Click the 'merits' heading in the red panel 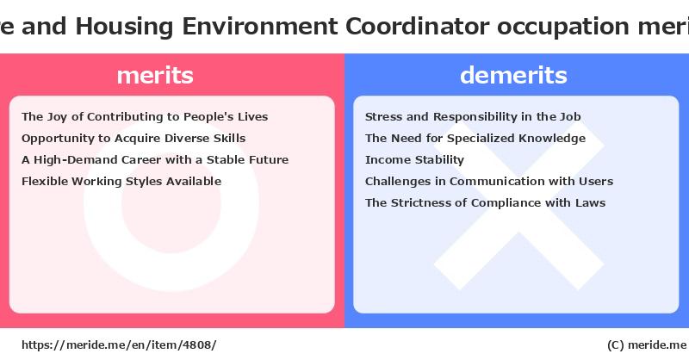(155, 76)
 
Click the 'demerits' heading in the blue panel (513, 75)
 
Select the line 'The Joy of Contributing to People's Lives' (145, 117)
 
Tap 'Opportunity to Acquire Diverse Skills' (133, 139)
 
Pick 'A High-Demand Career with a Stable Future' (155, 159)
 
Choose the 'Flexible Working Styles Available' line (121, 182)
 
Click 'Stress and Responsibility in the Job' (473, 117)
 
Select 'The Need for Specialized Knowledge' (475, 139)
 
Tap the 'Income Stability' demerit (414, 160)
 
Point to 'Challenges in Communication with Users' (489, 181)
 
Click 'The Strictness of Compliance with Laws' (485, 202)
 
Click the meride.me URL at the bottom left (119, 345)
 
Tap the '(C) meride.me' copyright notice (647, 345)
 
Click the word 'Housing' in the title (124, 27)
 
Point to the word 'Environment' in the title (260, 26)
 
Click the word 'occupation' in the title (563, 28)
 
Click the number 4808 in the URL (197, 345)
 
